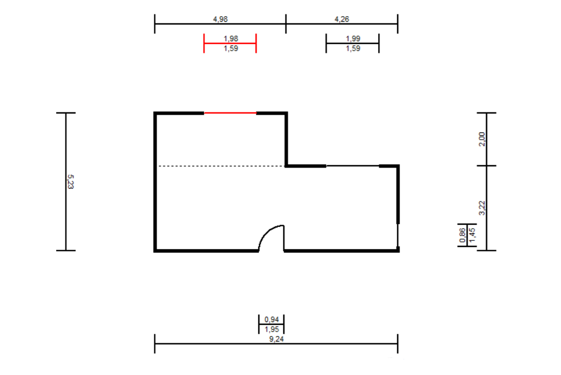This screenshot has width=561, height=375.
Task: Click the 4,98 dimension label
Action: [x=221, y=19]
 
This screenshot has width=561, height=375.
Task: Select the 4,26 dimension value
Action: [x=342, y=19]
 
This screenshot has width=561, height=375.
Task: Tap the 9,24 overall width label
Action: [x=277, y=339]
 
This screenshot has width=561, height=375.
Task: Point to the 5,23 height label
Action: [x=71, y=181]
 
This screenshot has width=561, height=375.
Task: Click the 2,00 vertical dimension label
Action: [x=482, y=139]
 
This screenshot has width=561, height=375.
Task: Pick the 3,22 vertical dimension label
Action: [x=482, y=208]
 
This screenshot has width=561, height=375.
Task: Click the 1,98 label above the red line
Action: [x=231, y=38]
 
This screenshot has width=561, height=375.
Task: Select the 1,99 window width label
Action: [x=353, y=38]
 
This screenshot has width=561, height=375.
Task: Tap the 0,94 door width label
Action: [x=272, y=319]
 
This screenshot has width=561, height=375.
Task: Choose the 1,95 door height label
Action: [x=272, y=329]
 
